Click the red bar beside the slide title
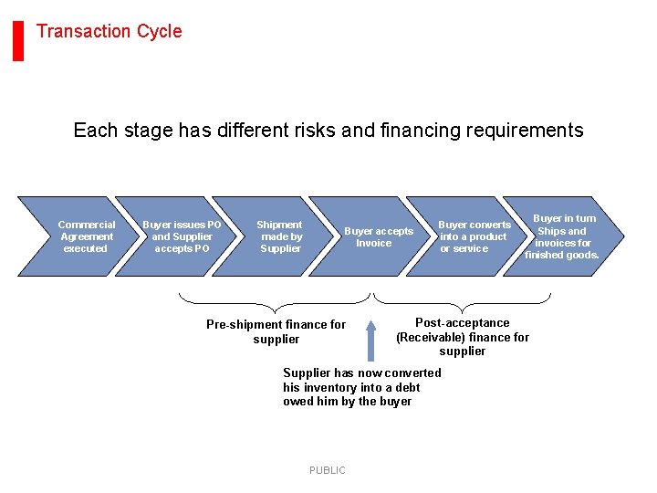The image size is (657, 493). coord(18,40)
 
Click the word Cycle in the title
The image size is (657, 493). coord(159,31)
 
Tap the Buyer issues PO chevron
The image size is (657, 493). coord(182,236)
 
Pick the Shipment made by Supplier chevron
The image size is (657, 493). coord(279,236)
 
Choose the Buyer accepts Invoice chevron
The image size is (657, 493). coord(377,236)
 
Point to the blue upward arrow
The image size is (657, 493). coord(370,340)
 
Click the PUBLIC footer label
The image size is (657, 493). coord(327,470)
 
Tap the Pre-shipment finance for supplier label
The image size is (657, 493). coord(276,331)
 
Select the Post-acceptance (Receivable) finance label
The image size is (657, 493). coord(463,337)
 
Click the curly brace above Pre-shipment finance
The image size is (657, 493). coord(275,299)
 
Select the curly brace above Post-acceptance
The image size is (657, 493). coord(464,299)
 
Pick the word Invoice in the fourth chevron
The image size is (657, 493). coord(373,243)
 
